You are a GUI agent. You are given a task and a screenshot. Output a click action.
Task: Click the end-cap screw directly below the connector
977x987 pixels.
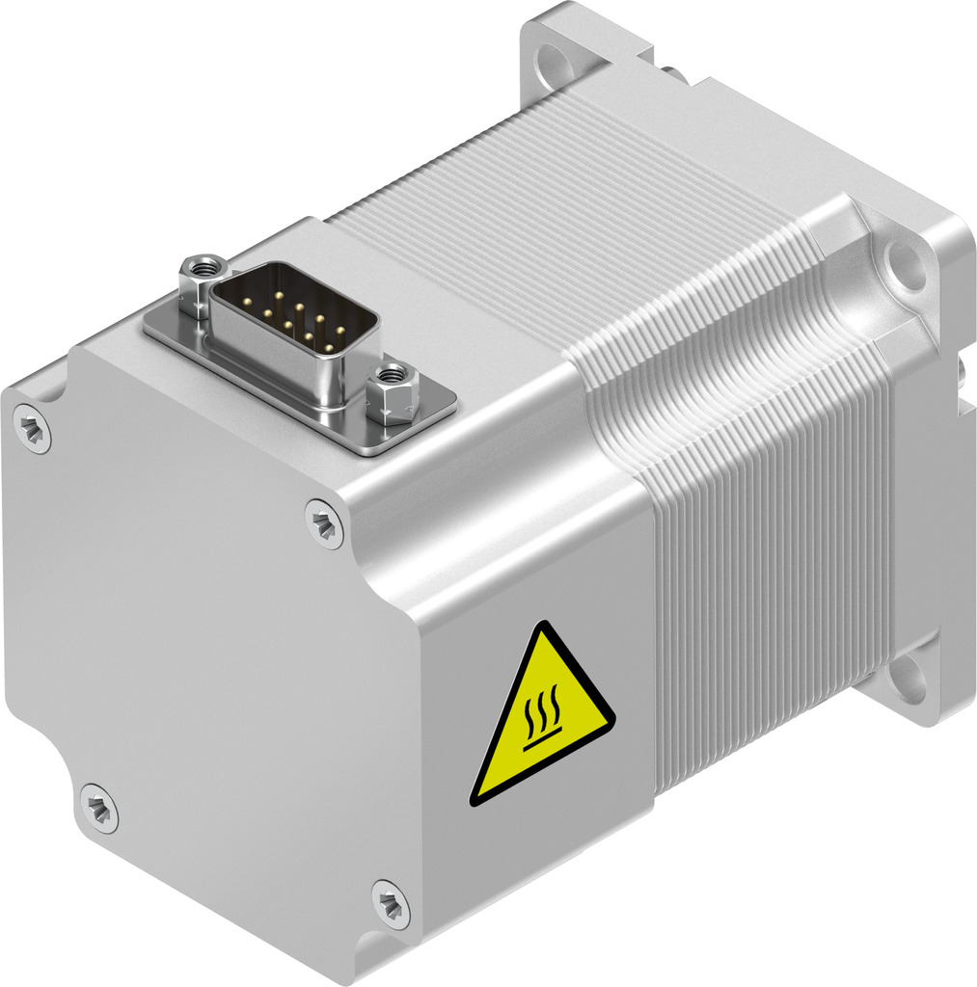pyautogui.click(x=324, y=522)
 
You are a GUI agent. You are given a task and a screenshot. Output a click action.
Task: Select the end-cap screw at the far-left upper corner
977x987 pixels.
pyautogui.click(x=33, y=428)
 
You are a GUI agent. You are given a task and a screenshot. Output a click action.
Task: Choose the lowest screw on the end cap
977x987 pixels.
pyautogui.click(x=390, y=904)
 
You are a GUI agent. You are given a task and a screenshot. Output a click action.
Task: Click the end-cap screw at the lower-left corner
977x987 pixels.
pyautogui.click(x=96, y=807)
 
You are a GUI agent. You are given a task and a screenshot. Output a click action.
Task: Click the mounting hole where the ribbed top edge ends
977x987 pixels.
pyautogui.click(x=905, y=265)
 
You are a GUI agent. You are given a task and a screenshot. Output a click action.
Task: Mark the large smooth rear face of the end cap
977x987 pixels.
pyautogui.click(x=212, y=655)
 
